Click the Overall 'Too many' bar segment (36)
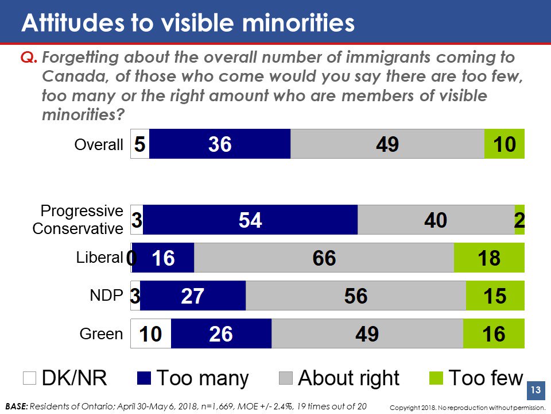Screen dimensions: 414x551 tap(220, 144)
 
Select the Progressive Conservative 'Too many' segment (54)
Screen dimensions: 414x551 tap(250, 220)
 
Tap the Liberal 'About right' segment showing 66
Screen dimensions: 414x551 tap(324, 258)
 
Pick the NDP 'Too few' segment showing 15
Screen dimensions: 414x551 tap(495, 296)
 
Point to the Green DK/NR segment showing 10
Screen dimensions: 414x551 tap(151, 333)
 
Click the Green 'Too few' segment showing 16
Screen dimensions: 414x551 tap(494, 333)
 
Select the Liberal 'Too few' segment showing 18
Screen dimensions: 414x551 tap(489, 258)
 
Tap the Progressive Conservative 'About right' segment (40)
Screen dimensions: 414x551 tap(436, 220)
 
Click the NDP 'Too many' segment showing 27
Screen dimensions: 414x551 tap(193, 296)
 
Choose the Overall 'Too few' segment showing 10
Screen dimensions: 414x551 tap(505, 144)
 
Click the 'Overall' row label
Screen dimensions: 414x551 tap(99, 144)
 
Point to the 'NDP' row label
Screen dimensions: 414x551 tap(106, 296)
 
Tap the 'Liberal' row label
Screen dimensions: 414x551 tap(100, 258)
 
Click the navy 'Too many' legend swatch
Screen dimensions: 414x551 tap(144, 378)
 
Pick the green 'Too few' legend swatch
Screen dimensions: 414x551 tap(437, 378)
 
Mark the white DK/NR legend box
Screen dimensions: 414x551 tap(29, 378)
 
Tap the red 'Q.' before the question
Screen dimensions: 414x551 tap(29, 57)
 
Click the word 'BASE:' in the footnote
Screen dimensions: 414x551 tap(15, 406)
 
